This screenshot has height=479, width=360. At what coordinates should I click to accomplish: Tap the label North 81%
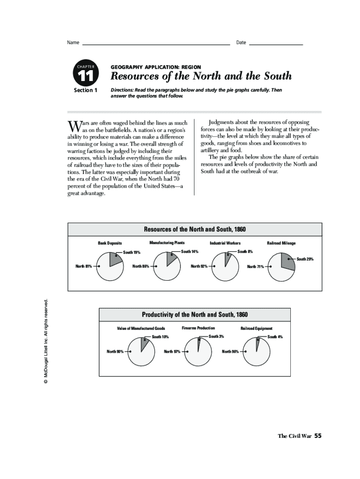point(84,267)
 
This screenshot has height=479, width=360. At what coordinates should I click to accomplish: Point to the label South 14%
point(190,252)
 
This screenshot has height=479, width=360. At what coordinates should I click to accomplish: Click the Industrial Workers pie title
point(225,243)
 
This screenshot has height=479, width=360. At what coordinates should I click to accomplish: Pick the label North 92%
point(199,267)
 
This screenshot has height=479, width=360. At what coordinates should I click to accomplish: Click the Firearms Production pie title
point(198,328)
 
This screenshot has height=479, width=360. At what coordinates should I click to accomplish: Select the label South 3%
point(216,336)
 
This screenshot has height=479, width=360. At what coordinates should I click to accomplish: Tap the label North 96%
point(230,351)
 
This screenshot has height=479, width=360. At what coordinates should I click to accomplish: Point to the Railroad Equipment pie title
point(256,328)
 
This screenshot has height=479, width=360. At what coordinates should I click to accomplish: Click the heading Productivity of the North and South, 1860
point(194,314)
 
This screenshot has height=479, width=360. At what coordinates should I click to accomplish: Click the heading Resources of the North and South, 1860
point(194,229)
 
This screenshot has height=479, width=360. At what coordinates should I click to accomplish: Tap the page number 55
point(318,435)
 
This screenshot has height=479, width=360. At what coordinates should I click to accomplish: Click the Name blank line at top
point(156,44)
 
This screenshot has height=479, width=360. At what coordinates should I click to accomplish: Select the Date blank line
point(276,44)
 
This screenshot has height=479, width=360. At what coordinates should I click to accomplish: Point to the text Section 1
point(86,90)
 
